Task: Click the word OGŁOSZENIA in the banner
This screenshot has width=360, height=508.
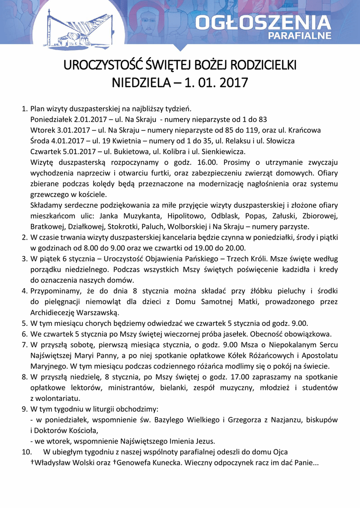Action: [263, 22]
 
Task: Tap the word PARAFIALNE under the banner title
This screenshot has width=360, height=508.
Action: [299, 36]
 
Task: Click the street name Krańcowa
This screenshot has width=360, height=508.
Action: [303, 130]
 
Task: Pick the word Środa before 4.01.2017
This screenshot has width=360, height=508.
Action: [40, 141]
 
